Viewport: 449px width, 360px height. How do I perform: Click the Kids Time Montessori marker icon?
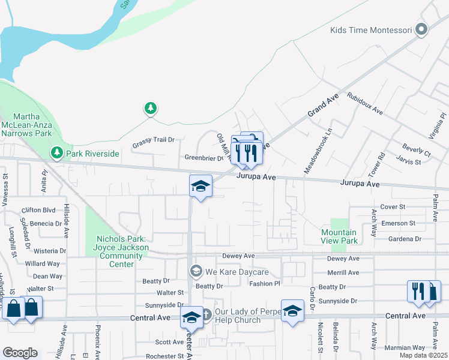click(422, 29)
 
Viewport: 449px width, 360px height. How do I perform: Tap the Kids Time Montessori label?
click(370, 29)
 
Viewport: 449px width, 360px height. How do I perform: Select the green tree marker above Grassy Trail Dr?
click(150, 109)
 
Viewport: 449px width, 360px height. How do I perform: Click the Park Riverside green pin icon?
click(57, 154)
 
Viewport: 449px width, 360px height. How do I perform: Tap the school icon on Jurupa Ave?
click(200, 185)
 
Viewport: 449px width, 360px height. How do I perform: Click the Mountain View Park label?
click(339, 236)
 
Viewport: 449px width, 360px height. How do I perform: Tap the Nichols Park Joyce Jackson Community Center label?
click(121, 247)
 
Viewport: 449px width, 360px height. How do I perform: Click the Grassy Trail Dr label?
click(153, 140)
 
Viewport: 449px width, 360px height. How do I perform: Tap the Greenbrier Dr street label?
click(203, 158)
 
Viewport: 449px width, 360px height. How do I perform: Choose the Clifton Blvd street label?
click(38, 211)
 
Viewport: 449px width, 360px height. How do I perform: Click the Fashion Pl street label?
click(265, 283)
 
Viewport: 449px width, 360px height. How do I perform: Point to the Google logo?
click(20, 353)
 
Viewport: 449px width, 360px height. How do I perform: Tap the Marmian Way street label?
click(406, 347)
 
